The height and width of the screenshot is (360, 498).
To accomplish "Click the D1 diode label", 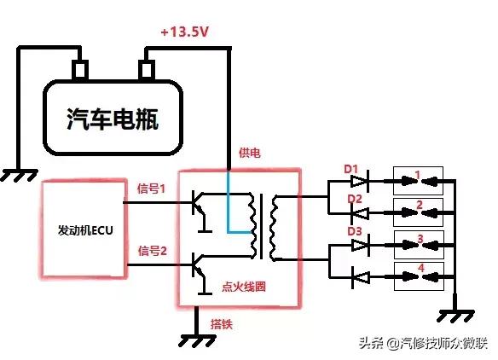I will [x=350, y=168].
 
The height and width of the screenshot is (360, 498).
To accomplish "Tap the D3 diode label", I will [x=350, y=232].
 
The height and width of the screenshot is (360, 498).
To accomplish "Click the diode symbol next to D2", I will [x=359, y=210].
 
